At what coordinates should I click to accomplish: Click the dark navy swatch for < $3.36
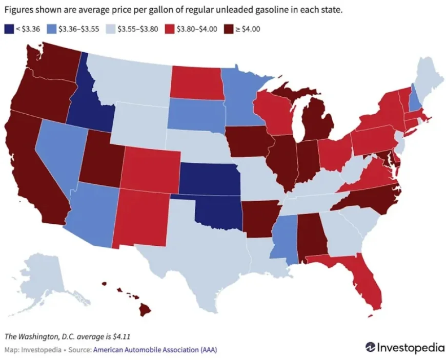point(8,29)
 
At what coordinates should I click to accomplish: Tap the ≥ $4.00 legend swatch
point(228,29)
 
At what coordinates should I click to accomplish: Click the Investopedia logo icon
point(371,347)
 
